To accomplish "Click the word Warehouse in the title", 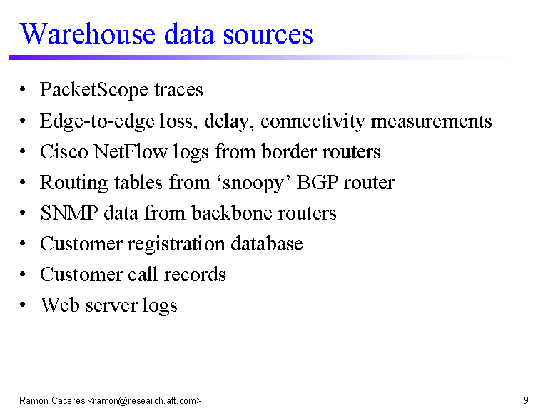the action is point(88,34).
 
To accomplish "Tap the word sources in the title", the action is point(268,35).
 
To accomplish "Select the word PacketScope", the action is point(94,90).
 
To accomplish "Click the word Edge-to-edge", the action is point(97,121).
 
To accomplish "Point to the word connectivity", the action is point(313,121).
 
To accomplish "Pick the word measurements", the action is point(431,121).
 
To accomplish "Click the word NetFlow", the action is point(131,152).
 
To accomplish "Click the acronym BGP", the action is point(318,183).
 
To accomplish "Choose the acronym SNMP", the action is point(68,213).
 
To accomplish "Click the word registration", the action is point(176,244).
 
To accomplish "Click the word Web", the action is point(60,305).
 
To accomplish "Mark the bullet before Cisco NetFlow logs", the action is point(23,151).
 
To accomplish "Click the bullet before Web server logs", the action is point(23,305).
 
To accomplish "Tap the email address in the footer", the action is point(145,400).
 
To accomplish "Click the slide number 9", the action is point(526,400).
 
